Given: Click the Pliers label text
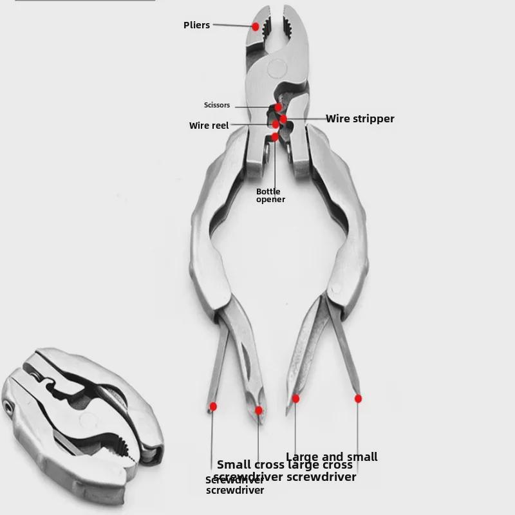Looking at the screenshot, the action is pos(196,25).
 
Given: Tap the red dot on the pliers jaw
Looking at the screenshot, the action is pos(256,26).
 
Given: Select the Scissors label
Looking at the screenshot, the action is pos(216,105).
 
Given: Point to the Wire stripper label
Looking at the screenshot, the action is pos(360,118).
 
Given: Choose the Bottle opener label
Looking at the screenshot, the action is pos(270,195).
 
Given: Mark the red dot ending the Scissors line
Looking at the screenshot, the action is pos(278,108).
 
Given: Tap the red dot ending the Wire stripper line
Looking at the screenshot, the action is pos(283,119).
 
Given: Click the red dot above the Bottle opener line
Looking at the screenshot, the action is pos(275,136).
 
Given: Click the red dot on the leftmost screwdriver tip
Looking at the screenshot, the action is pos(213,406).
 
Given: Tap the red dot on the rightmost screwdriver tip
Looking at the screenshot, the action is pos(358,399).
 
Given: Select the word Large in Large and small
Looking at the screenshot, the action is pos(308,457).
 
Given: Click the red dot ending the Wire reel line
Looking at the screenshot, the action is pos(276,124).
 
